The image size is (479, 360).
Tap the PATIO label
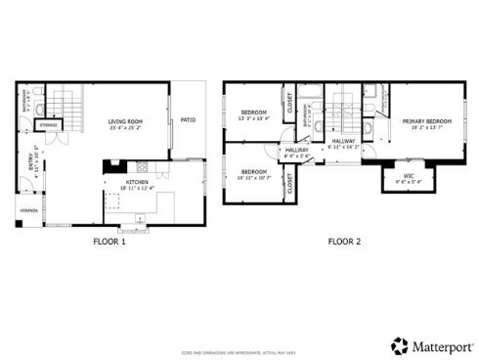point(188,120)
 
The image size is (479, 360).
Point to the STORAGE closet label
point(48,126)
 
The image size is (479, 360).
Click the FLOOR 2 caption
point(343,240)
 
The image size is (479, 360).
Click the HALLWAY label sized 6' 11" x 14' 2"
point(343,143)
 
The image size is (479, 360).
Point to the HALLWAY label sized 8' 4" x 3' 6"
point(297,152)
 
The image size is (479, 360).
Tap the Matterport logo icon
point(399,345)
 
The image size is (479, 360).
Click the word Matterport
point(437,346)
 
